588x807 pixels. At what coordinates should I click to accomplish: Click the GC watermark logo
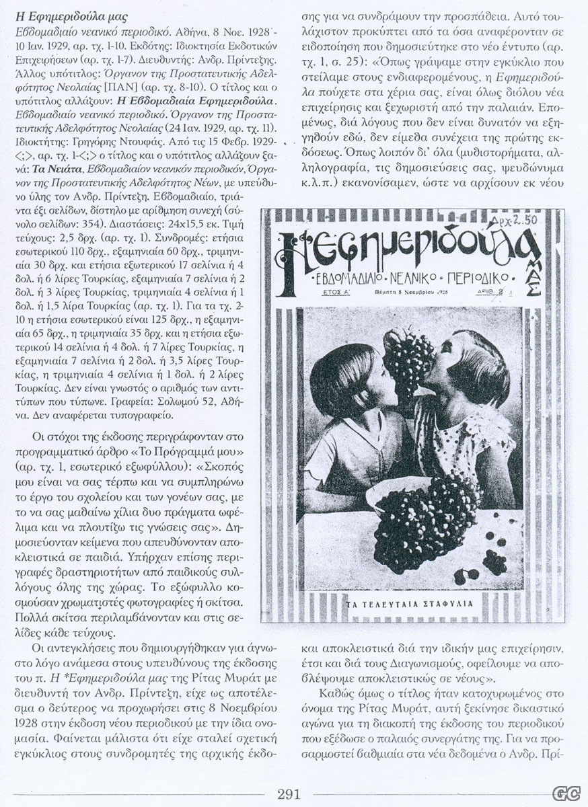click(x=566, y=794)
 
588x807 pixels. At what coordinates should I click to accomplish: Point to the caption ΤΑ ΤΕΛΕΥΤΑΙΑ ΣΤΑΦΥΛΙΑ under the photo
click(x=411, y=603)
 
